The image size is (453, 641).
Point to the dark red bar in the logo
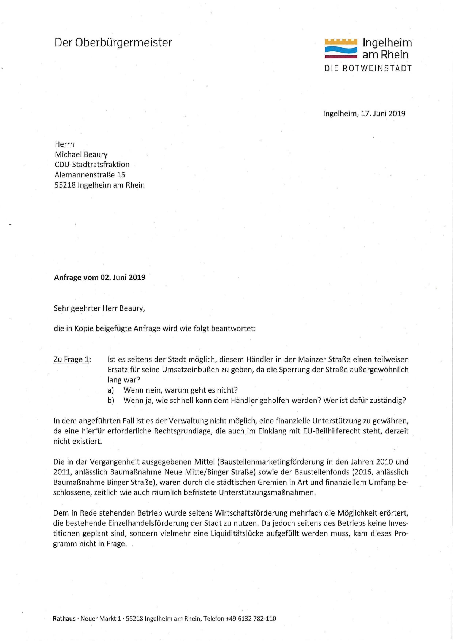341,57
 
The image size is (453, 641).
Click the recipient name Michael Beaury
81,154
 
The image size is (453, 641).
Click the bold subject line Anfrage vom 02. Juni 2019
100,277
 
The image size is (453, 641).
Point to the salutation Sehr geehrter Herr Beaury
99,309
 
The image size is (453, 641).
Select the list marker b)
111,400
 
